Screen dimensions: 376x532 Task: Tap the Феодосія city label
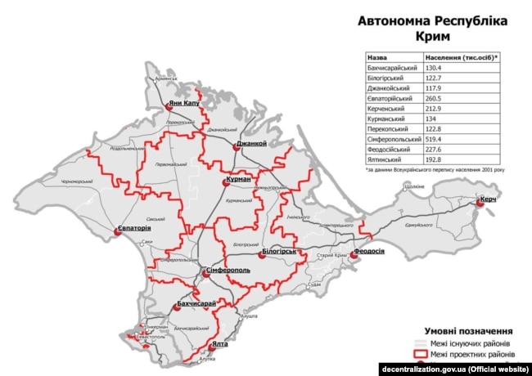369,251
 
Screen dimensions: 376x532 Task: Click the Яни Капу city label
184,104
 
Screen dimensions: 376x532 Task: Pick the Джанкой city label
252,144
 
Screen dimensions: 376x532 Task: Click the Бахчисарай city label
197,304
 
